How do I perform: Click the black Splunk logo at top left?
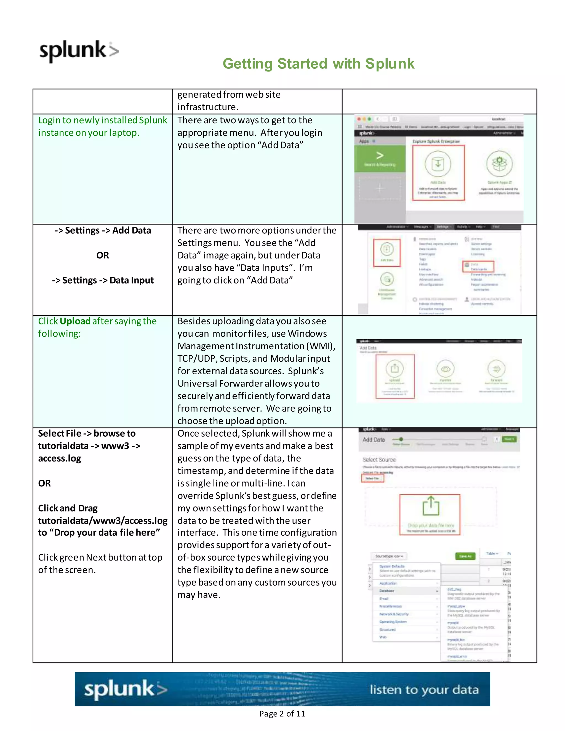coord(79,51)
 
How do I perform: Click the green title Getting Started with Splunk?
coord(318,64)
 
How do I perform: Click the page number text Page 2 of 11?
coord(282,714)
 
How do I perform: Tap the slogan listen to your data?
coord(424,690)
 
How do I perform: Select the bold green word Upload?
coord(75,321)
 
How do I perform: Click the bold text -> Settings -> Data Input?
coord(102,280)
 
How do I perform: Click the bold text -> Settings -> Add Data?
coord(102,230)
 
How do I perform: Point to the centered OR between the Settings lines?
coord(102,255)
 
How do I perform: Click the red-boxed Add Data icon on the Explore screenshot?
coord(438,164)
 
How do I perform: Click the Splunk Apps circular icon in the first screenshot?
coord(499,163)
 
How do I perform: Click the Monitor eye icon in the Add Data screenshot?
coord(445,369)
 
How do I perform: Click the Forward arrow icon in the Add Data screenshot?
coord(496,369)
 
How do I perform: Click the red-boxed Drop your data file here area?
coord(430,514)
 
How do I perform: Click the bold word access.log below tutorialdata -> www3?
coord(60,458)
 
